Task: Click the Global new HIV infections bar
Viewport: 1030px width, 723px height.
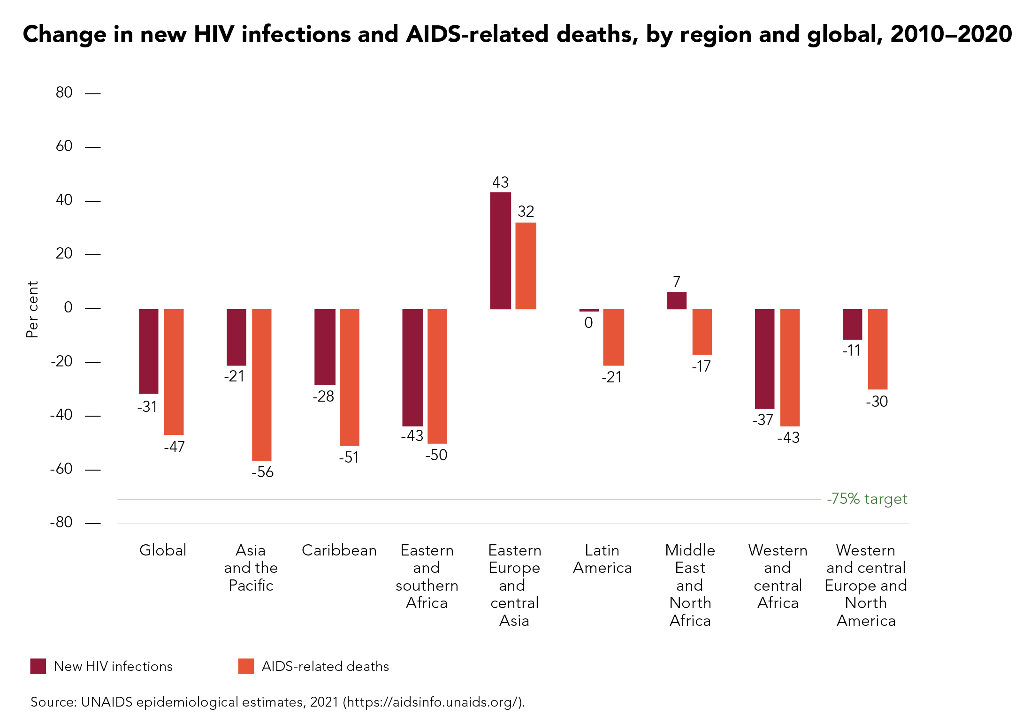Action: point(148,351)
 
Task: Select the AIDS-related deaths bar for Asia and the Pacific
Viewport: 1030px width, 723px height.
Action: point(261,385)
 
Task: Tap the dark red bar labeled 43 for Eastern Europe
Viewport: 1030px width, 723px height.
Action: point(500,251)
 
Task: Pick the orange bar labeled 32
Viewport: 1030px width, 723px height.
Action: point(526,266)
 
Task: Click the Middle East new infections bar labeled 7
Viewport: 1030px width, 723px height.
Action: point(677,300)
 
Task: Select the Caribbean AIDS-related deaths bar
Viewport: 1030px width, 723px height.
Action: point(349,377)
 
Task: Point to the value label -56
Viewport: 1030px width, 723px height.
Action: point(262,472)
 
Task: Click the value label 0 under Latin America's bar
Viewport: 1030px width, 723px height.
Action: point(588,323)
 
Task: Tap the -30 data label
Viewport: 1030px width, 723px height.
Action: point(877,402)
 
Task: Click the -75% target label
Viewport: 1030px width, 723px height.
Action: point(867,499)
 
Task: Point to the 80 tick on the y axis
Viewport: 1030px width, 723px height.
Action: point(64,92)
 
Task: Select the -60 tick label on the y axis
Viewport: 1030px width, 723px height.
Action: point(61,469)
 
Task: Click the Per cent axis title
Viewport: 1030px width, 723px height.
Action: point(32,309)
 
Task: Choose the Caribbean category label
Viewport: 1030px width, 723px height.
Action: point(339,550)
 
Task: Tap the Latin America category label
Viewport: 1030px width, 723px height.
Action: point(602,559)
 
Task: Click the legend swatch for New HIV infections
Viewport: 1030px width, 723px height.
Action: point(38,666)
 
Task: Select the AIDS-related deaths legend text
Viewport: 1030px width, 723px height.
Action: point(325,666)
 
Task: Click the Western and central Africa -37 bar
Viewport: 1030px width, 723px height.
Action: point(764,359)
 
